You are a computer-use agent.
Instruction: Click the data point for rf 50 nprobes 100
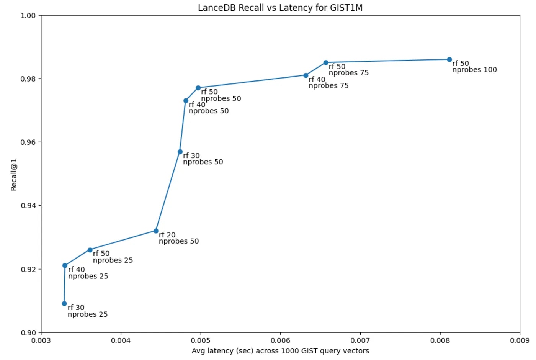(449, 59)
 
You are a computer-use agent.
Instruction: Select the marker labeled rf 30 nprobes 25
(64, 303)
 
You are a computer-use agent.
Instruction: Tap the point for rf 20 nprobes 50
(156, 231)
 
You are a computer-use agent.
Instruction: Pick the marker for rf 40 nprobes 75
(306, 75)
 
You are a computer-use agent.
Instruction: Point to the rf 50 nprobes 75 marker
(326, 62)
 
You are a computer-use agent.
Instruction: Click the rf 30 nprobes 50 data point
(180, 152)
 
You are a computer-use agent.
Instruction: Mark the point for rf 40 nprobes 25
(65, 265)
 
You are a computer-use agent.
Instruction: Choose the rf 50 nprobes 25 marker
(90, 250)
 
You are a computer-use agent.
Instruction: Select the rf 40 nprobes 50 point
(186, 101)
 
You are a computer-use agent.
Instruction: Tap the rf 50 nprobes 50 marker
(198, 88)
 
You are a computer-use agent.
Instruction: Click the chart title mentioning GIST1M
(280, 8)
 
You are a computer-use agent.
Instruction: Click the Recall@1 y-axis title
(14, 175)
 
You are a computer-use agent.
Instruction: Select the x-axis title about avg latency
(280, 351)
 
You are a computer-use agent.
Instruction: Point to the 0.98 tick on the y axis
(28, 79)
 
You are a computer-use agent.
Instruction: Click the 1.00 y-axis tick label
(28, 15)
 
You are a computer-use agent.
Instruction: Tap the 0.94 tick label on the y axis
(28, 206)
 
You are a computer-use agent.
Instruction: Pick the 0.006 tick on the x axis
(281, 340)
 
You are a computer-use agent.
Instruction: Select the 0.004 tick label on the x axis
(121, 340)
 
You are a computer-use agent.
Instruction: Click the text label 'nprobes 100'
(474, 70)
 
